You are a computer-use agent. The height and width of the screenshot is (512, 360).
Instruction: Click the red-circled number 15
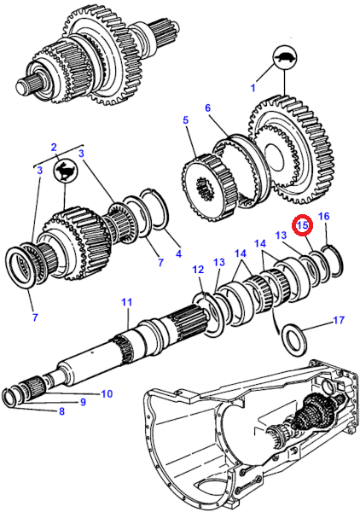click(x=302, y=225)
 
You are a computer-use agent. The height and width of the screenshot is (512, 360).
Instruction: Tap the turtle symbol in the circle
click(x=285, y=59)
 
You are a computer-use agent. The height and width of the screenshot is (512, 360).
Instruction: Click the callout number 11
click(x=127, y=302)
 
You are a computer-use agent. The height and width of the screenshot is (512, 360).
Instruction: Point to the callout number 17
click(x=339, y=320)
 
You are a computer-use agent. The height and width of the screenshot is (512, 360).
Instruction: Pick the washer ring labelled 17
click(x=293, y=338)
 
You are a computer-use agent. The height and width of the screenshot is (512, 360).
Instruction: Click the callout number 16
click(x=324, y=216)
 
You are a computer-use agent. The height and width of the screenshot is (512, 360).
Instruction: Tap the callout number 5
click(x=185, y=119)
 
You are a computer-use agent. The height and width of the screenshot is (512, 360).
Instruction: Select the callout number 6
click(x=208, y=108)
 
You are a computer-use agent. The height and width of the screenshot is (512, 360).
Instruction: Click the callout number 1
click(x=253, y=88)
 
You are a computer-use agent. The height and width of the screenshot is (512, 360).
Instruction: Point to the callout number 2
click(x=54, y=148)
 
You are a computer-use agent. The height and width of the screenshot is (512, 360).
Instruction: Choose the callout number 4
click(x=178, y=253)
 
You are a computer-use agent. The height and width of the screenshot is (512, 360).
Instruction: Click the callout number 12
click(x=198, y=270)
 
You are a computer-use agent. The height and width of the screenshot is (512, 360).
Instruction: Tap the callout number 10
click(x=107, y=393)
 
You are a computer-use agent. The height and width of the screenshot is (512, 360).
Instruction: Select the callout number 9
click(x=83, y=402)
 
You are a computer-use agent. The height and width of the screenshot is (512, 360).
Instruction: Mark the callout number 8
click(x=61, y=411)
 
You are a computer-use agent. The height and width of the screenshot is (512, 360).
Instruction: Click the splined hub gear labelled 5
click(x=210, y=186)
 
